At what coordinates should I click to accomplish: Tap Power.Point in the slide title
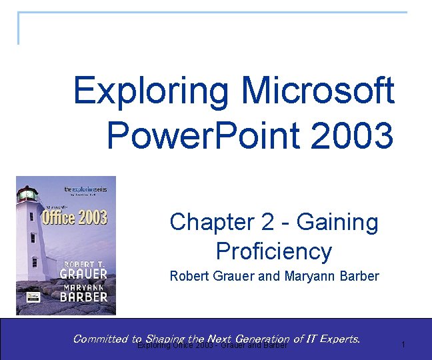pos(200,135)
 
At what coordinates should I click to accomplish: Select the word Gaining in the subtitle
pos(337,222)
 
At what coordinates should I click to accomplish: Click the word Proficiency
pos(273,251)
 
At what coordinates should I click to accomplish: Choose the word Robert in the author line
pos(190,275)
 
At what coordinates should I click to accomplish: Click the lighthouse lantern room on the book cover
pos(27,194)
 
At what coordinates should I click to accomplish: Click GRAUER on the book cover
pos(83,273)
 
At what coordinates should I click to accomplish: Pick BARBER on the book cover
pos(83,297)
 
